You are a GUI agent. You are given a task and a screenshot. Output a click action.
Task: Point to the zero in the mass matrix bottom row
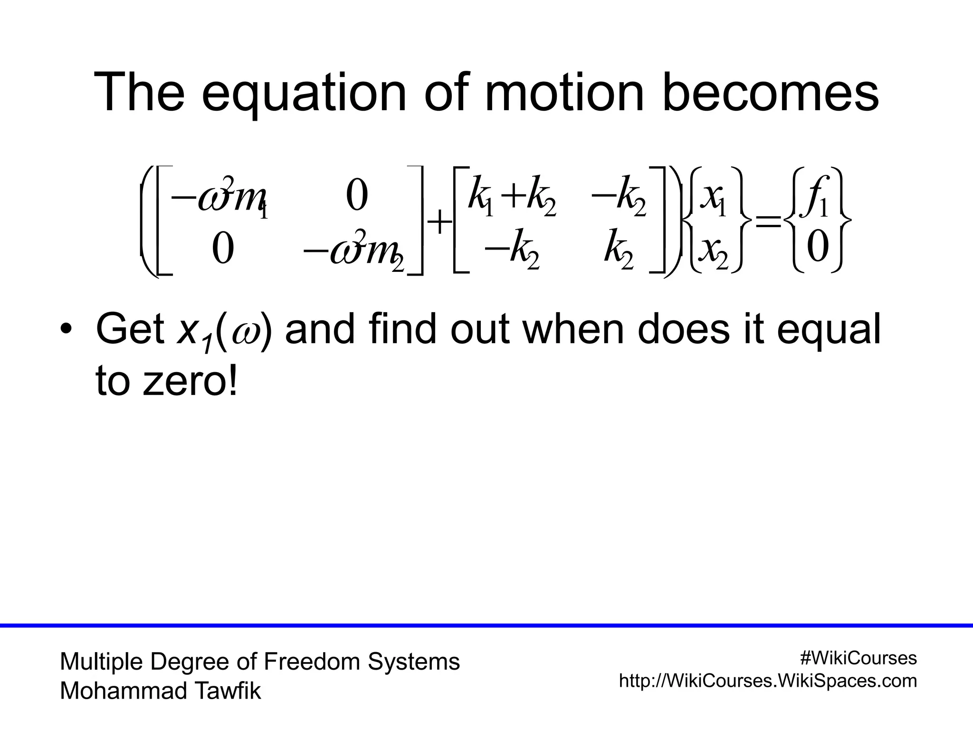pos(223,249)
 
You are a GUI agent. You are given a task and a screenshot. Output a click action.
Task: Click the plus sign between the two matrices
pos(439,222)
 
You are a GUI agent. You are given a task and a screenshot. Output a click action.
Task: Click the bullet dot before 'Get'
pos(66,329)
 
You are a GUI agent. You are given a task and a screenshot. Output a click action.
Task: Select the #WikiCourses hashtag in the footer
pos(858,658)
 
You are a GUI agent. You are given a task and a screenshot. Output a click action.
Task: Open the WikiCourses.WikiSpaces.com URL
pos(768,681)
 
